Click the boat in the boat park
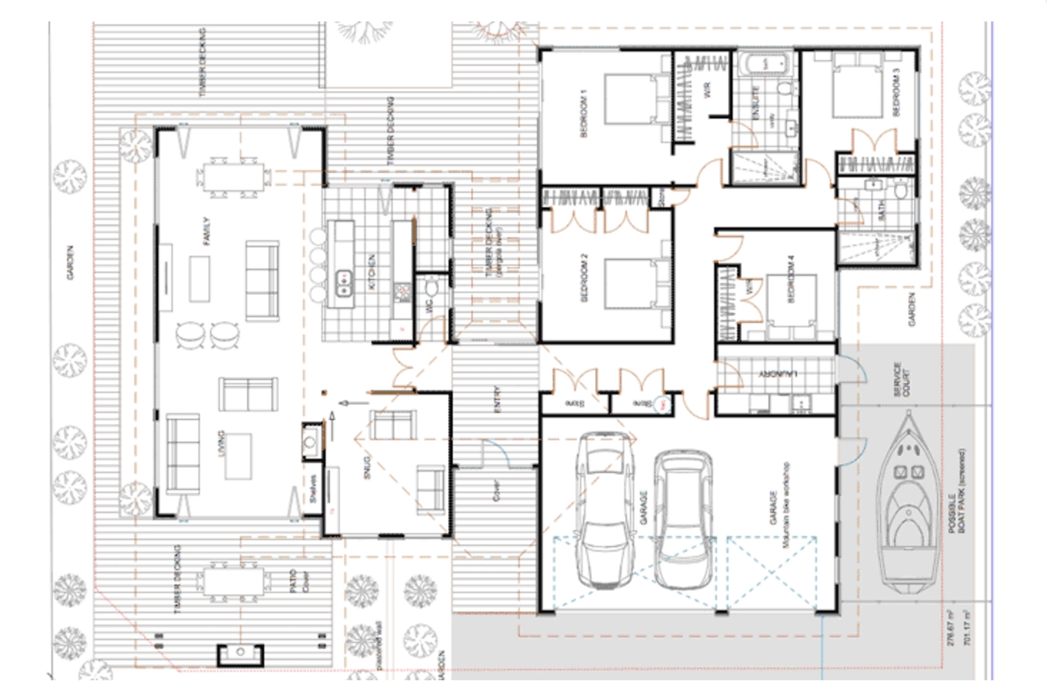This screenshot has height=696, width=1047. click(908, 503)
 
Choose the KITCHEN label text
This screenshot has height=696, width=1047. click(371, 272)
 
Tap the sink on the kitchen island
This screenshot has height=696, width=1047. click(344, 281)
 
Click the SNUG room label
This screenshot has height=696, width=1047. click(368, 465)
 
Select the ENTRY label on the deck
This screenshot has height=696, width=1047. click(497, 399)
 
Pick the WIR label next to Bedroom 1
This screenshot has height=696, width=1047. click(708, 89)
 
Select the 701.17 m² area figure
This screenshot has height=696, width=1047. click(967, 627)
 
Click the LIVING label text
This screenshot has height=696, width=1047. click(220, 444)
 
